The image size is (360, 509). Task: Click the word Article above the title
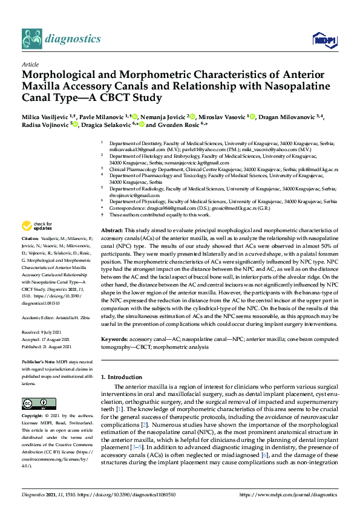coord(30,63)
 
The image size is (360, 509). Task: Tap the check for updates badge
coord(36,226)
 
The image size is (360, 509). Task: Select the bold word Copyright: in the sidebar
coord(34,417)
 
